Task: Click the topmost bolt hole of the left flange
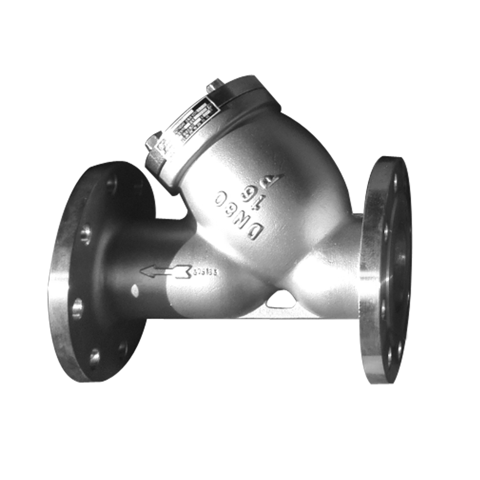click(x=112, y=183)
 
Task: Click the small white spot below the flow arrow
click(x=135, y=289)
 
